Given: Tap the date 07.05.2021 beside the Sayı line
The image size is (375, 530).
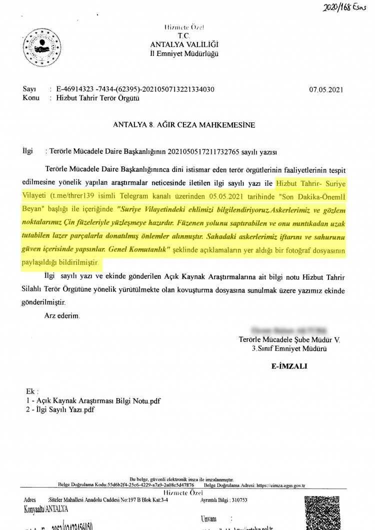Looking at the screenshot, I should (x=326, y=90).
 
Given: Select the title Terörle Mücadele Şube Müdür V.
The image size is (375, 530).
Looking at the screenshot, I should (x=289, y=340).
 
